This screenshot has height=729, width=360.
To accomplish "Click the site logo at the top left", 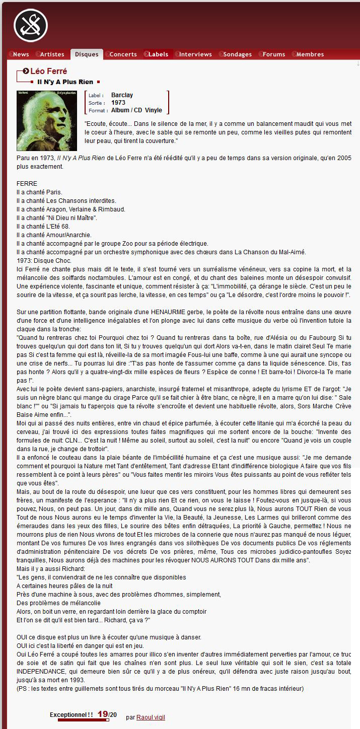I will click(30, 26).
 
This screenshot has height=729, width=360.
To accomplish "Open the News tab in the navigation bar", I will click(21, 54).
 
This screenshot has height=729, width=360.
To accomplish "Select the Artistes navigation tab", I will click(52, 54).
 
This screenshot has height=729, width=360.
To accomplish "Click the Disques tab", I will click(87, 54).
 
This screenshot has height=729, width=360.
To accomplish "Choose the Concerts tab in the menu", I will click(123, 54).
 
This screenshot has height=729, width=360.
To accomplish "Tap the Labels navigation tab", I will click(158, 54).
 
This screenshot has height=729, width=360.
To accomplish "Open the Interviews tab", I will click(195, 54).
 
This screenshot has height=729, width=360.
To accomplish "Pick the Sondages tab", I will click(237, 54).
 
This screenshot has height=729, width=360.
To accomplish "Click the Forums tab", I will click(274, 54).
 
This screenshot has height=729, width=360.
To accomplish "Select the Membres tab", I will click(310, 54).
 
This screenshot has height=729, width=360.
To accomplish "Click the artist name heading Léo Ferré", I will click(48, 71).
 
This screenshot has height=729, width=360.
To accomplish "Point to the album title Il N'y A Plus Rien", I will click(65, 82).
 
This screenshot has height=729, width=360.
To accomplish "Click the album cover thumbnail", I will click(47, 121).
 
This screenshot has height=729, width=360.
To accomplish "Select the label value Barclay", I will click(122, 95).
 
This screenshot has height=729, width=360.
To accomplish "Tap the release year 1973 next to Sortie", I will click(118, 103).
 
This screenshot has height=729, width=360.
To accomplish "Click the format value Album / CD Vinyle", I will click(136, 110).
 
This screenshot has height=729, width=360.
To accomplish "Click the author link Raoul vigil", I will click(151, 717).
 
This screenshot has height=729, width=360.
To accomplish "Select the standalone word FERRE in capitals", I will click(27, 184).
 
